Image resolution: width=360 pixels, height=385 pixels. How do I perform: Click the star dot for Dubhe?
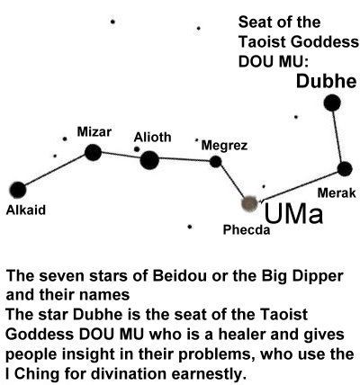click(332, 103)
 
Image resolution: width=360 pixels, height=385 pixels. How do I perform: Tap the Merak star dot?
click(345, 169)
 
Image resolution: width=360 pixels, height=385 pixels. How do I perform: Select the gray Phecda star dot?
click(249, 203)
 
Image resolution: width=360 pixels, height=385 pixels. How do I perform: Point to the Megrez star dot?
click(215, 162)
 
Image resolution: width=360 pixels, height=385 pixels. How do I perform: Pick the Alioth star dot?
click(149, 160)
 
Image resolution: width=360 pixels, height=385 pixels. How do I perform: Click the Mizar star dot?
click(93, 152)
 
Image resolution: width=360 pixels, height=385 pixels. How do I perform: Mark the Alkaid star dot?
click(18, 190)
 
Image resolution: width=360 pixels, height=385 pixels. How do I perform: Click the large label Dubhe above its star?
click(327, 81)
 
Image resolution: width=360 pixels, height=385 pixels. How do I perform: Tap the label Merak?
click(337, 192)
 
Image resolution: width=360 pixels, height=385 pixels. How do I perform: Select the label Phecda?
click(247, 230)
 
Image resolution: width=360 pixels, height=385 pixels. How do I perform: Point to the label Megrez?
click(224, 146)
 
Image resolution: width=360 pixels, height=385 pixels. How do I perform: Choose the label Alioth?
click(152, 138)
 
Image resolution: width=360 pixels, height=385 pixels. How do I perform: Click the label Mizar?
click(94, 131)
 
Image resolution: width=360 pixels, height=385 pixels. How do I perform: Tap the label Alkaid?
click(26, 210)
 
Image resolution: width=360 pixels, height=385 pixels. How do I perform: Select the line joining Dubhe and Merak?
click(338, 136)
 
